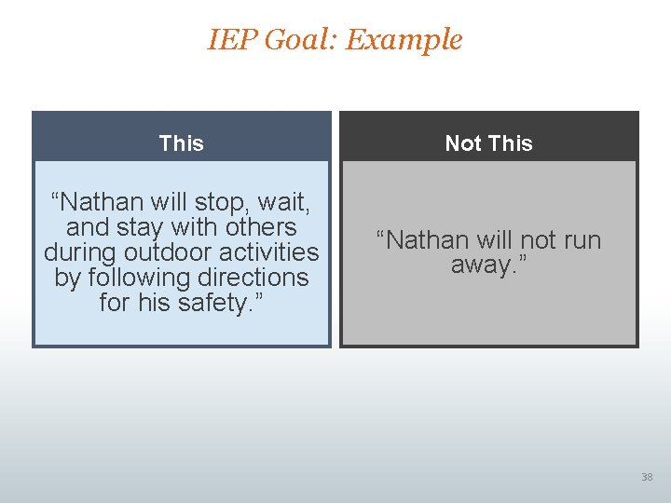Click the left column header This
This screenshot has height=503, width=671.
(x=181, y=143)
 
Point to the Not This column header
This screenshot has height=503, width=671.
(x=488, y=143)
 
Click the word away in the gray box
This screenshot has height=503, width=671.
(x=483, y=265)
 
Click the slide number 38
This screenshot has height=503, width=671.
(x=647, y=477)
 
